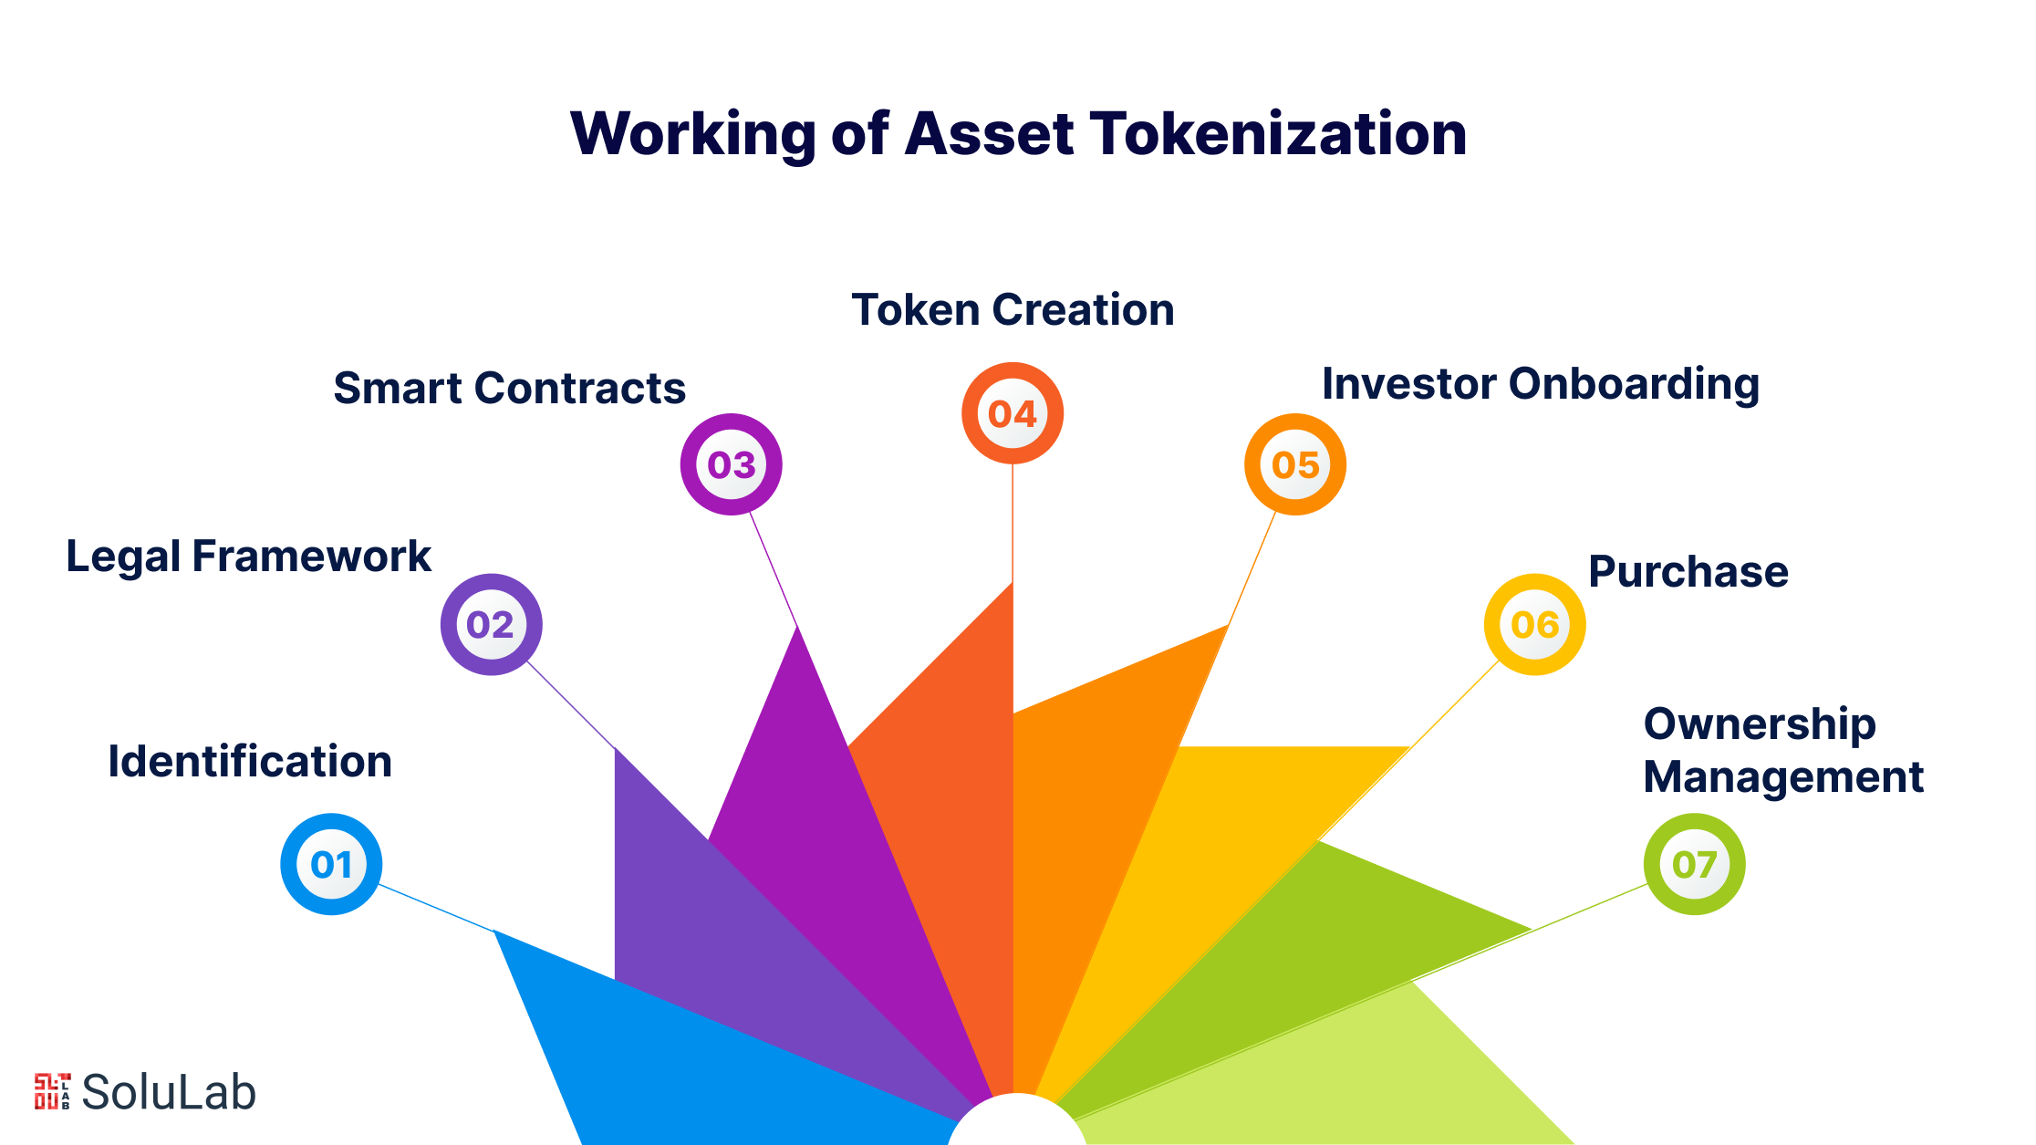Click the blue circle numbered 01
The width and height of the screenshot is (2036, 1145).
click(331, 864)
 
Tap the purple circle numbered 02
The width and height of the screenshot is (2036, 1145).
click(492, 624)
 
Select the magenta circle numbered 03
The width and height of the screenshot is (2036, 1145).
click(732, 464)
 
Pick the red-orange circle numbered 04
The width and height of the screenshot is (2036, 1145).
click(1013, 413)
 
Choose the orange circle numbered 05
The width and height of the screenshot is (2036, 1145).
click(1295, 464)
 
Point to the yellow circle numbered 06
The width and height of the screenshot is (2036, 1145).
click(1535, 624)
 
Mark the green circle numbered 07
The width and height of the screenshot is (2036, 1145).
click(1695, 864)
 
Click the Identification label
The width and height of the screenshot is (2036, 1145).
click(250, 761)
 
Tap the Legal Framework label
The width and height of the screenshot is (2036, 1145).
click(249, 556)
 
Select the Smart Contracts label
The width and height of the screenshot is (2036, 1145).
click(509, 388)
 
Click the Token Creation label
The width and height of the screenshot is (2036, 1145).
click(1013, 309)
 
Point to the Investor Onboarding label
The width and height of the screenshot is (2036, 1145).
click(1541, 384)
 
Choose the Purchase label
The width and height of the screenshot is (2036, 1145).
click(1688, 572)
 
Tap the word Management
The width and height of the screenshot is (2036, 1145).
click(1783, 778)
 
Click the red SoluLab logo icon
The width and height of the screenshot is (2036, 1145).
click(53, 1091)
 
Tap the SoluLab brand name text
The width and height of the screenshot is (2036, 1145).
click(169, 1091)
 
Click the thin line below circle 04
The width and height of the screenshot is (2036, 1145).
click(1013, 523)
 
